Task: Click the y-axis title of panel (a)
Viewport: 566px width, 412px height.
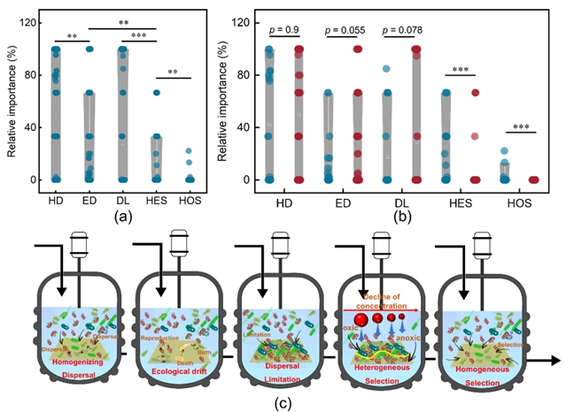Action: tap(11, 99)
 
